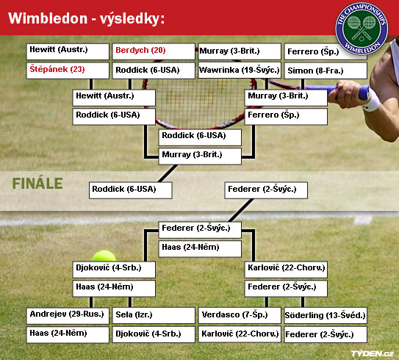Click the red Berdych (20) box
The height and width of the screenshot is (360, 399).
coord(154,51)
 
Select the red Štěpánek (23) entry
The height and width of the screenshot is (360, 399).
coord(68,71)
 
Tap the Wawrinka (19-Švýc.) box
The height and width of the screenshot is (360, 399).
coord(240,71)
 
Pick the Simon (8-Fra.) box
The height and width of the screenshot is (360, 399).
coord(326,71)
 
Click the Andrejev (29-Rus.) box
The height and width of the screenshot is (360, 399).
coord(68,316)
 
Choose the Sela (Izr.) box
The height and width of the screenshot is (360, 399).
coord(154,316)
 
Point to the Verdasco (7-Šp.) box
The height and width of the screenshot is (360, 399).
coord(240,316)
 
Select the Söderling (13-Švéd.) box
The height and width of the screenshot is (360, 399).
coord(326,316)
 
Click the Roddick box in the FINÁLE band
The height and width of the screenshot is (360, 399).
coord(131,190)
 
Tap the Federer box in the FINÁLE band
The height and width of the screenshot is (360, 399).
coord(266,190)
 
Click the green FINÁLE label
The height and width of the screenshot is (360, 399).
coord(37,184)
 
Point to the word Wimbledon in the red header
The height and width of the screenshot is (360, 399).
coord(48,18)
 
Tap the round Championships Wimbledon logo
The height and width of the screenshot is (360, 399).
coord(362,29)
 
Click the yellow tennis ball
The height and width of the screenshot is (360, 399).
coord(104,256)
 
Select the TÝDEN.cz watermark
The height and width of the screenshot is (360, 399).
coord(373,353)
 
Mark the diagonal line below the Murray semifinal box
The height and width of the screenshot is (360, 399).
coord(168,173)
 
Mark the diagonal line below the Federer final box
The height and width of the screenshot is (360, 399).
coord(241,210)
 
